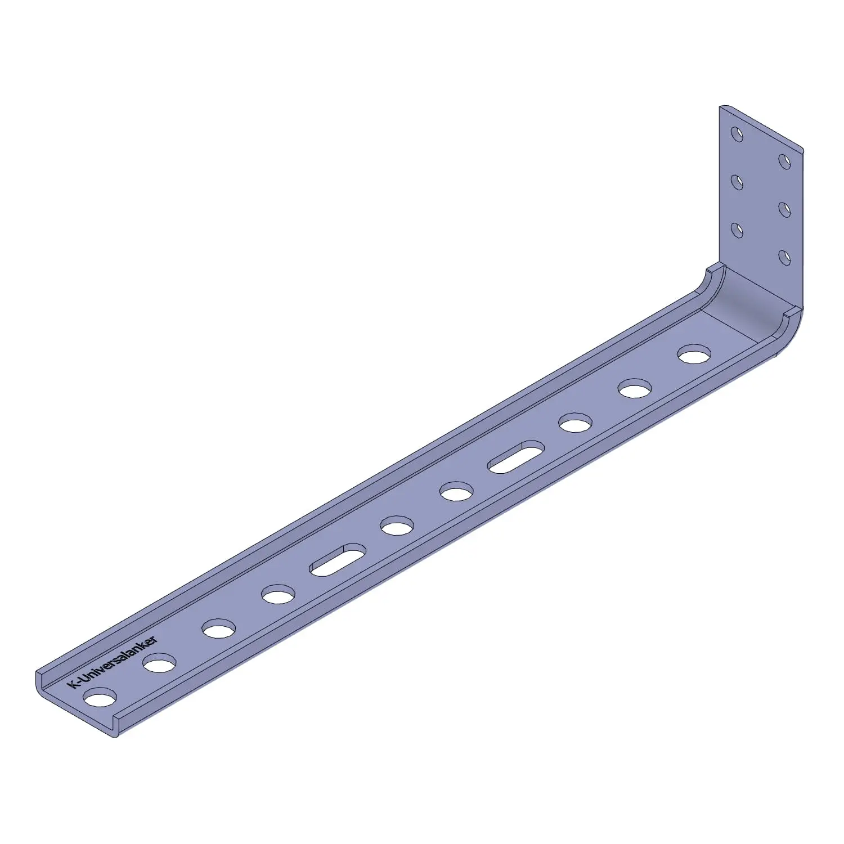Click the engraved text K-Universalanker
click(x=112, y=661)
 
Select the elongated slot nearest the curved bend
click(x=516, y=456)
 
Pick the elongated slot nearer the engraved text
click(x=338, y=559)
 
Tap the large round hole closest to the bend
click(x=694, y=354)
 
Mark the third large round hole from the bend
click(x=576, y=423)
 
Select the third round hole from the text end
click(x=219, y=628)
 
